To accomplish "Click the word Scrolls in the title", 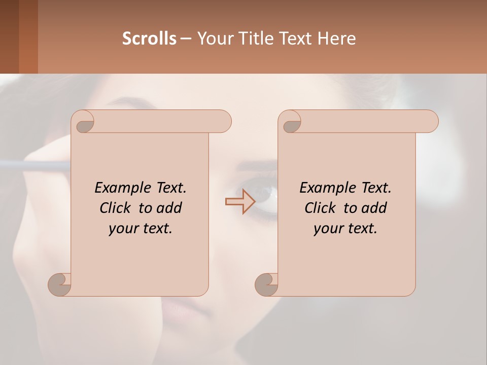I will tap(149, 39).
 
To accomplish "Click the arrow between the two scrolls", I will tap(240, 202).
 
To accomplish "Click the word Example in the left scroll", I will tap(119, 188).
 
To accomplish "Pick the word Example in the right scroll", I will tap(324, 188).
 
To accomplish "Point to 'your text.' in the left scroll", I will tap(141, 228).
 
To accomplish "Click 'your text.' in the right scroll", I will tap(345, 228).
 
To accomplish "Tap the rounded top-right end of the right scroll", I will tap(429, 121).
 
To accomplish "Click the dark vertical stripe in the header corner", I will tap(9, 36).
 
